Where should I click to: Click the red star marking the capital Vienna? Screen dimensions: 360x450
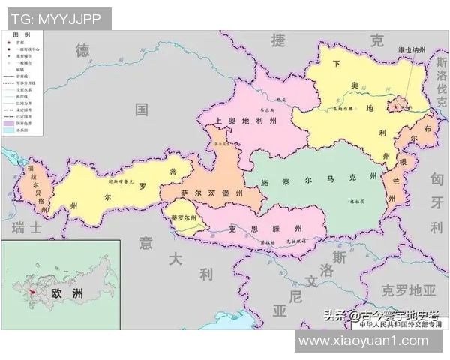(396, 108)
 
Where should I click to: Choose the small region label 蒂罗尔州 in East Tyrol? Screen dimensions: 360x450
(182, 218)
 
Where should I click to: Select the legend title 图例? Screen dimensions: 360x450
(22, 36)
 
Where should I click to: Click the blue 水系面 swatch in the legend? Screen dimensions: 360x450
(8, 130)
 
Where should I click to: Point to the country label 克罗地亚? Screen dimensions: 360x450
(409, 289)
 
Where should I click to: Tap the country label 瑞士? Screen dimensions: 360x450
(31, 226)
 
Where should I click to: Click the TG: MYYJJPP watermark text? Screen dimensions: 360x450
(55, 17)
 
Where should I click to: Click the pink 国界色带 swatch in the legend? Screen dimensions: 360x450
(8, 122)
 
